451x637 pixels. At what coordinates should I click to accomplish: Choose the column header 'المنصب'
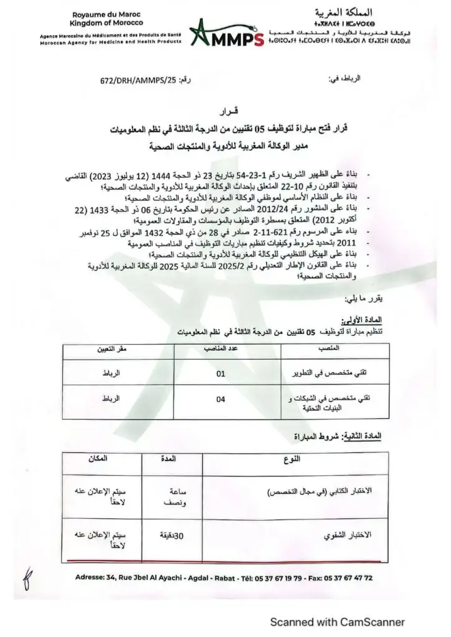tap(330, 350)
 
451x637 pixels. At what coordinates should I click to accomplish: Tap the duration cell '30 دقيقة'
tap(166, 534)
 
